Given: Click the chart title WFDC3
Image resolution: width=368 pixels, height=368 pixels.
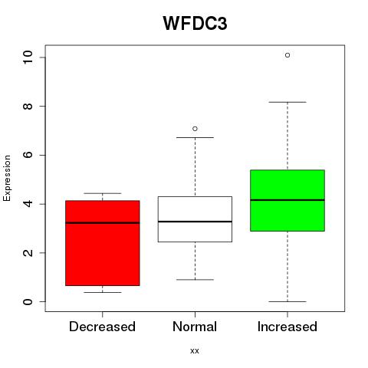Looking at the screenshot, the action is tap(195, 23).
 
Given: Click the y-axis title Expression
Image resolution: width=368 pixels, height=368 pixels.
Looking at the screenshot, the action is tap(7, 178).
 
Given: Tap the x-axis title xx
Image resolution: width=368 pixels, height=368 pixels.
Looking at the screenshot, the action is tap(195, 350).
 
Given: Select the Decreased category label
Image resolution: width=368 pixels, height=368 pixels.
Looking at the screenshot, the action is tap(102, 327).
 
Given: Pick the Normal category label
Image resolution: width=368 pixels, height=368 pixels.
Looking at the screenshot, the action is tap(195, 327).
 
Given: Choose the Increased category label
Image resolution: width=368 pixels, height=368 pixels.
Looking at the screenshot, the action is tap(287, 327).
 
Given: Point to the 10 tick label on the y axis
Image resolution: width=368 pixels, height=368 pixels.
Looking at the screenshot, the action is tap(28, 57).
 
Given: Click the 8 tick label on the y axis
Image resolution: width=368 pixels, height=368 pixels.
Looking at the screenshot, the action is tap(28, 106).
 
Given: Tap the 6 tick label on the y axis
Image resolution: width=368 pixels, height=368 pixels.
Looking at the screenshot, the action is tap(28, 155).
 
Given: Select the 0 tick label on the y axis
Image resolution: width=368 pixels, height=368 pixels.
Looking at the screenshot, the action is tap(28, 301).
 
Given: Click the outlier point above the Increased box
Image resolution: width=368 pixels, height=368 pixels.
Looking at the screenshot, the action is tap(287, 55).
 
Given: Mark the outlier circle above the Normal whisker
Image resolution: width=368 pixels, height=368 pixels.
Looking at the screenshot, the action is tap(195, 129).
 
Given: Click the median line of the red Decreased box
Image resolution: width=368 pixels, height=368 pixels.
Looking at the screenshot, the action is tap(103, 223).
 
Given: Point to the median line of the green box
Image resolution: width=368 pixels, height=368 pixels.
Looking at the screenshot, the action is tap(287, 200).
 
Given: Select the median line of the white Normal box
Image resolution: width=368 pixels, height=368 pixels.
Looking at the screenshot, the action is tap(195, 222).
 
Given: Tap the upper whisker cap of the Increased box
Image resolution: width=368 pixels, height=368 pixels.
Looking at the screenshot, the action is tap(287, 102).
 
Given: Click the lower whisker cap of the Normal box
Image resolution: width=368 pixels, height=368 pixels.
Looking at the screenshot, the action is tap(195, 280).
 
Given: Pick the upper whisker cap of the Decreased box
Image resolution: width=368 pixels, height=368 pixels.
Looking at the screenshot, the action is tap(103, 193).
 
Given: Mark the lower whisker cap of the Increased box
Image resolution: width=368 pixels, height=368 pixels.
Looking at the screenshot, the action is tap(287, 301).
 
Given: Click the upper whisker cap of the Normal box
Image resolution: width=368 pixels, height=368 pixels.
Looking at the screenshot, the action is tap(195, 137).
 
